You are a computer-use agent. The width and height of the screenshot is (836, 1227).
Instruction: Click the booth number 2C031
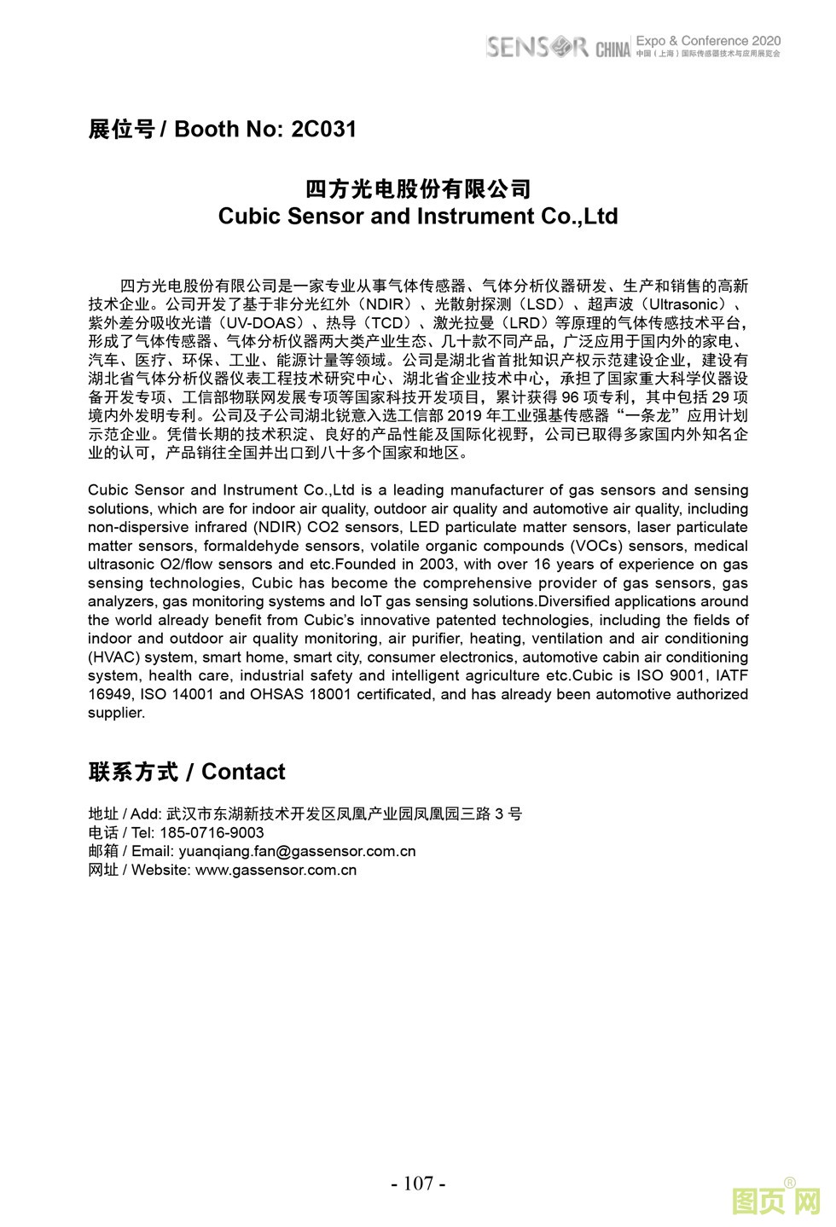tap(323, 130)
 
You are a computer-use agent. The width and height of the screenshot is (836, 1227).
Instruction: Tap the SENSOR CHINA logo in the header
tap(558, 47)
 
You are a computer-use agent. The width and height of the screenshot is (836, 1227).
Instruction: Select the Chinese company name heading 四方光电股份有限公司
tap(418, 188)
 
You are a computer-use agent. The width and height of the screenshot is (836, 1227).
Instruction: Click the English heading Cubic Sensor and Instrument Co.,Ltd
tap(418, 216)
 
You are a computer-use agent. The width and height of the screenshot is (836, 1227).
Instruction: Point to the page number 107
tap(418, 1183)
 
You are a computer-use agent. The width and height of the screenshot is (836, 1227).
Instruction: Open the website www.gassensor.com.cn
tap(276, 870)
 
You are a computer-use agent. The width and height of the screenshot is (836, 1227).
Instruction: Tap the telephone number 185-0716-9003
tap(212, 832)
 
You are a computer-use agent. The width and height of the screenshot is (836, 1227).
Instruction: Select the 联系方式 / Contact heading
tap(187, 772)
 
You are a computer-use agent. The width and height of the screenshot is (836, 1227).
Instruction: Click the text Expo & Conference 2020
tap(708, 40)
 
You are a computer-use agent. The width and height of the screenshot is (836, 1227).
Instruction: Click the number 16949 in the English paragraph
tap(109, 694)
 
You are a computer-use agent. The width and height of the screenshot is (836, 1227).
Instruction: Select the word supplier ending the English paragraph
tap(115, 713)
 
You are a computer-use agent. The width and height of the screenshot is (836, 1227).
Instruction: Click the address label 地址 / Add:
tap(125, 813)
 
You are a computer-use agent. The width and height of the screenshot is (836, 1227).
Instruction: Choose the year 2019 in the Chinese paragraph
tap(466, 416)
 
